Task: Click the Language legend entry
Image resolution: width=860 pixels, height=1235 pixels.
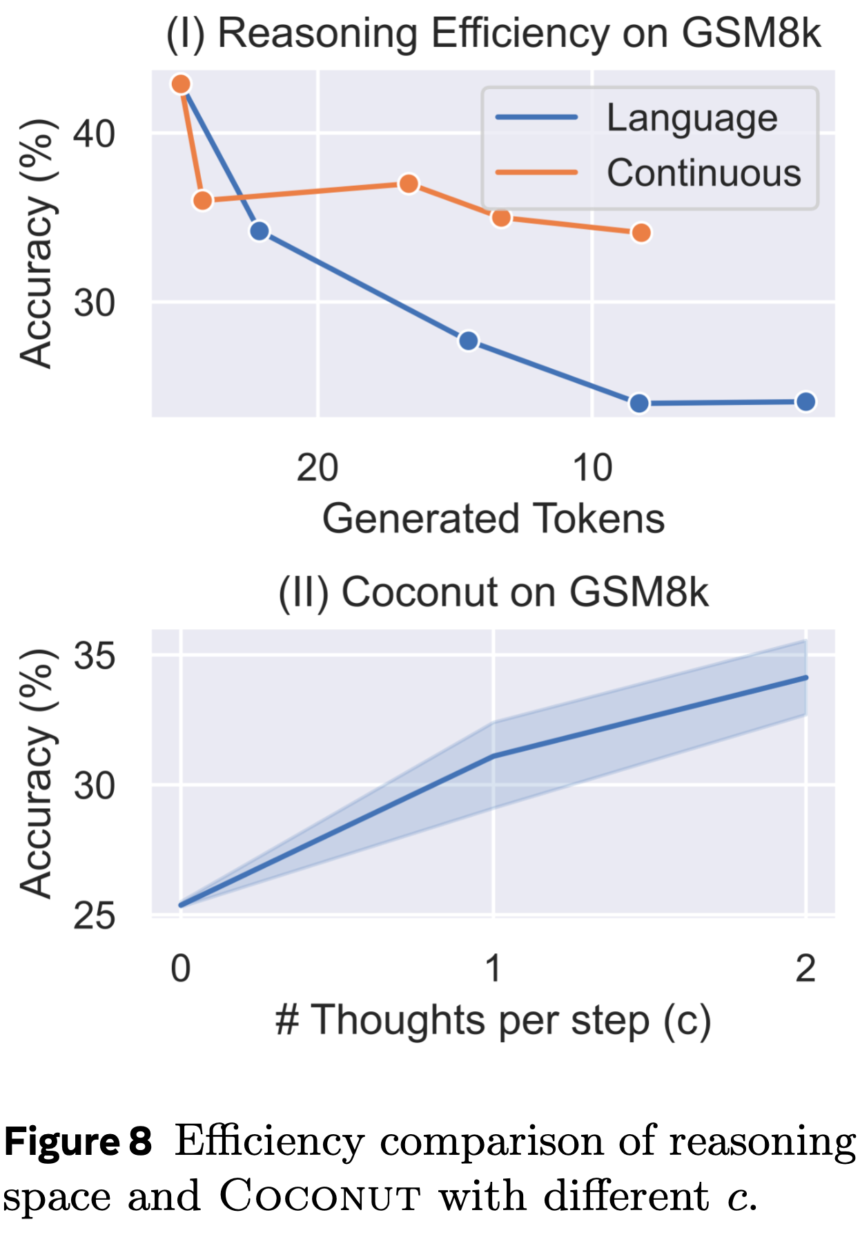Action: [x=692, y=117]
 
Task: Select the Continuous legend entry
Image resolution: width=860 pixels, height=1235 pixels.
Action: [x=703, y=173]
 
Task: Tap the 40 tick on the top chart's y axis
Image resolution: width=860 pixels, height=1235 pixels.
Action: [x=95, y=133]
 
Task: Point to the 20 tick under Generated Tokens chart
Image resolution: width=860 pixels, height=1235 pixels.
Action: [x=317, y=468]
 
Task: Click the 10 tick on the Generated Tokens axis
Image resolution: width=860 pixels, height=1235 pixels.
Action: [x=592, y=468]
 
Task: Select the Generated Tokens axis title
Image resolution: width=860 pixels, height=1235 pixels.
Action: [x=493, y=519]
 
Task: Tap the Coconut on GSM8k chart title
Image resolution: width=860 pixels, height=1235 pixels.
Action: [x=493, y=592]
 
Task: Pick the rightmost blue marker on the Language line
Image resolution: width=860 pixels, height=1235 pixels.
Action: [x=805, y=401]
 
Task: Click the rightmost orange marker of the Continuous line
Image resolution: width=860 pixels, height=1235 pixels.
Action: [x=641, y=233]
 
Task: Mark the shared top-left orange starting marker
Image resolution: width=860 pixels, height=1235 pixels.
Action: [x=181, y=84]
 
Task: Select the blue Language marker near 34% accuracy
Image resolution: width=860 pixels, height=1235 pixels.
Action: [x=260, y=231]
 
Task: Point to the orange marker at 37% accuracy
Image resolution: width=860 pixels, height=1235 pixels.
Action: [x=409, y=184]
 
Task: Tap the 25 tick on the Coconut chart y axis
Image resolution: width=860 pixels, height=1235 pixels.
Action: [x=95, y=916]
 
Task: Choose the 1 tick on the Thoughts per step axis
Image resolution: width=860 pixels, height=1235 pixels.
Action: [x=493, y=968]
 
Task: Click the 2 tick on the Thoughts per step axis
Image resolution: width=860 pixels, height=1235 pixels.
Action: [x=805, y=968]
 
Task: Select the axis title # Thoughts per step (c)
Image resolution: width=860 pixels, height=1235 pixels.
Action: [x=493, y=1020]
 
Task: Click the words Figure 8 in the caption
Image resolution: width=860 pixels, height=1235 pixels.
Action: [x=78, y=1141]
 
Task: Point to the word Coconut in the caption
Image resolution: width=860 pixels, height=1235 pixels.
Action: [x=320, y=1196]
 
